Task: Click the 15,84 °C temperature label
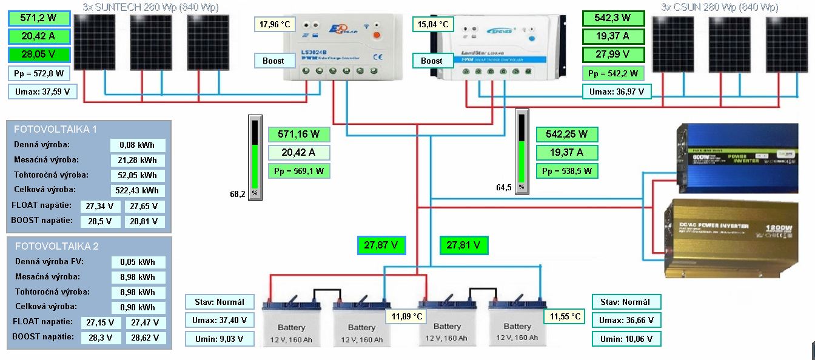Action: pyautogui.click(x=434, y=25)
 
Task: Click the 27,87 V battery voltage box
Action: pyautogui.click(x=381, y=245)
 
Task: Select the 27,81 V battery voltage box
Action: pyautogui.click(x=464, y=245)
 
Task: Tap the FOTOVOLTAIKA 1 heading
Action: pyautogui.click(x=55, y=129)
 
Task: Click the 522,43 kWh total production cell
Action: pyautogui.click(x=138, y=191)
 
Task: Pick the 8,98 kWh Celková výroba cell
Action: pyautogui.click(x=138, y=307)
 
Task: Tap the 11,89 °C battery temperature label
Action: pyautogui.click(x=406, y=316)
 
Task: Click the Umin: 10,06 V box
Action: pyautogui.click(x=626, y=339)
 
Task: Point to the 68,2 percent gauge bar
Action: pyautogui.click(x=255, y=156)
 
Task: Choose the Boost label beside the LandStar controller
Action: pyautogui.click(x=432, y=61)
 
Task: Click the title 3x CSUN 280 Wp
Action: pyautogui.click(x=719, y=8)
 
